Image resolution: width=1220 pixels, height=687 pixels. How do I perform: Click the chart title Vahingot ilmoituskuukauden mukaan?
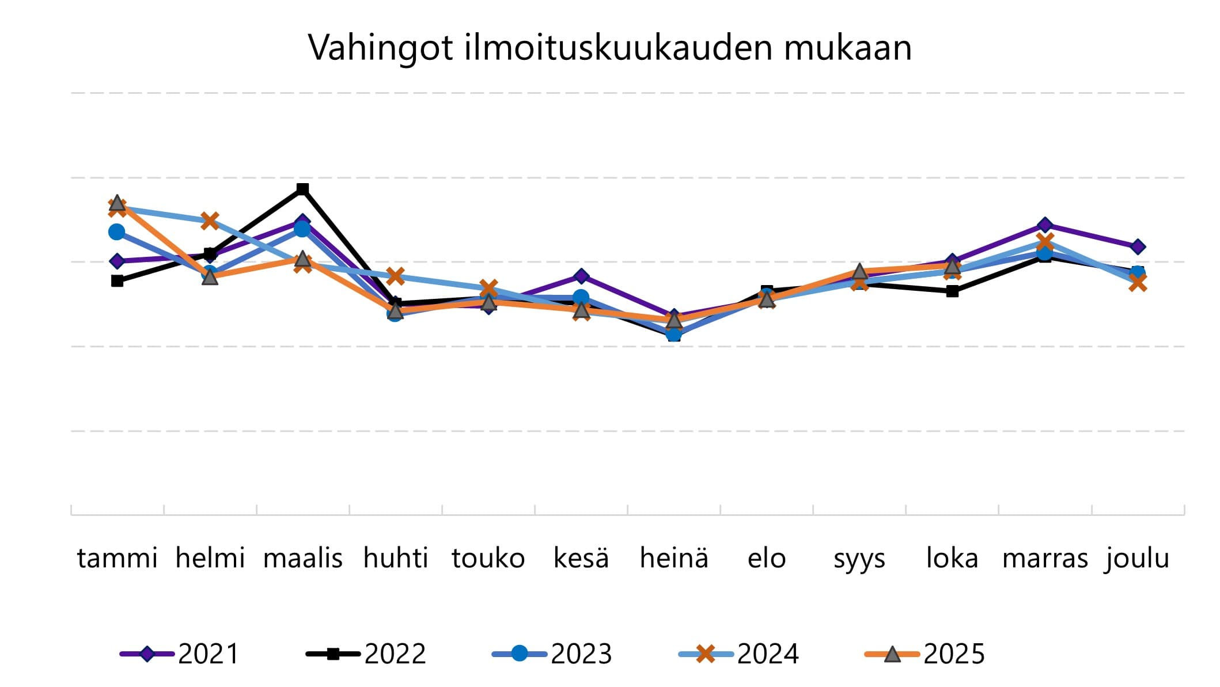(610, 47)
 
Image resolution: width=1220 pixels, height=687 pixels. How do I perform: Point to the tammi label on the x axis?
(117, 558)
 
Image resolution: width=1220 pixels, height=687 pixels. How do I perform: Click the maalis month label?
(302, 558)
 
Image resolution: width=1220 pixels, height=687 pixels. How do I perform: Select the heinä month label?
(674, 558)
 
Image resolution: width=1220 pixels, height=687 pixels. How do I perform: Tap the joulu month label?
(1137, 558)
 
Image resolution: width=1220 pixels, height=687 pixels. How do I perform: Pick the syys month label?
(859, 558)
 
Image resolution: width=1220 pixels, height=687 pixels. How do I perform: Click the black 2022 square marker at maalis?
(302, 189)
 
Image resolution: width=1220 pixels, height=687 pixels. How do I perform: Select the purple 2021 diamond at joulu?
(1138, 247)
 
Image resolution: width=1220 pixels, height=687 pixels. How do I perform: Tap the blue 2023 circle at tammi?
(117, 232)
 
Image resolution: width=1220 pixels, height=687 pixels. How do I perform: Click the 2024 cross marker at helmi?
(210, 221)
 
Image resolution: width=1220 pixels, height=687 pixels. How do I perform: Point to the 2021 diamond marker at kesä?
(581, 276)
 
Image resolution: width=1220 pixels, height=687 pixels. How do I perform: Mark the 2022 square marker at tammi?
(118, 281)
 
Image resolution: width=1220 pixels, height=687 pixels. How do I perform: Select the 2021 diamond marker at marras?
(1045, 225)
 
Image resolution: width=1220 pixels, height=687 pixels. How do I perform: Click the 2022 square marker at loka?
(952, 291)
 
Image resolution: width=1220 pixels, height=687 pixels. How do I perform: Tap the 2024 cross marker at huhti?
(395, 276)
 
